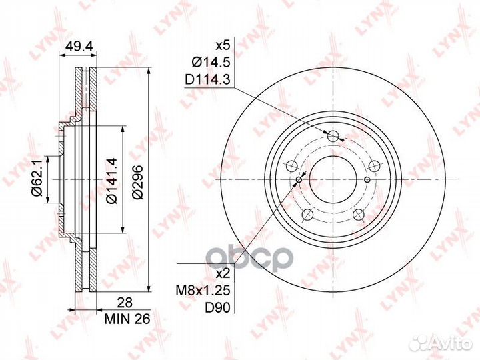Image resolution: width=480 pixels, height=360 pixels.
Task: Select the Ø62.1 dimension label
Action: (39, 180)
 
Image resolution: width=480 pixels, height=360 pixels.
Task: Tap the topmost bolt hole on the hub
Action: (333, 136)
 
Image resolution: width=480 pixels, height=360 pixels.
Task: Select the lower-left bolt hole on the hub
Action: (307, 214)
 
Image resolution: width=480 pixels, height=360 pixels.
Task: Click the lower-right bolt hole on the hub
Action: (359, 214)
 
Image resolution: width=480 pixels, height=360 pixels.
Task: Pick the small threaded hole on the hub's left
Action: (299, 179)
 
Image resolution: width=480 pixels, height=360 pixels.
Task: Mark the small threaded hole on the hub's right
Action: (368, 179)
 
